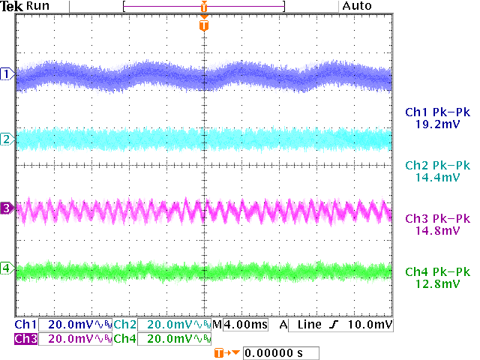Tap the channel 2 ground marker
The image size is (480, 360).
pos(7,139)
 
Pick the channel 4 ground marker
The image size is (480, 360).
pos(7,268)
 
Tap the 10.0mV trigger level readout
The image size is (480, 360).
pos(373,325)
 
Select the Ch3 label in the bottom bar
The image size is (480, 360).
pos(25,338)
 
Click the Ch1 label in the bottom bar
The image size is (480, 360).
pos(25,325)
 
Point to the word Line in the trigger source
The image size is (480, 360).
pos(307,325)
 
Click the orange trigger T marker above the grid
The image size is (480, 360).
pos(204,25)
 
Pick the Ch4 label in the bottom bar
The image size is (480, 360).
pos(124,338)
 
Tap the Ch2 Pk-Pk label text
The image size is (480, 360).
pos(437,165)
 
